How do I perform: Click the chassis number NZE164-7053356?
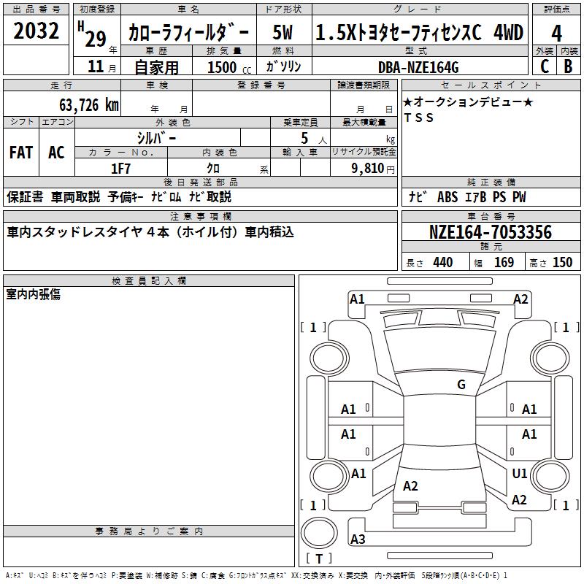490,232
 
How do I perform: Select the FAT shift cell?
21,153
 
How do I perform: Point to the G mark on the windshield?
461,384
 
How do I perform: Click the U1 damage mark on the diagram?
520,474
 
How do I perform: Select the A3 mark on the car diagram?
358,539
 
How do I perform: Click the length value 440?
442,263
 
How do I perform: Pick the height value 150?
562,263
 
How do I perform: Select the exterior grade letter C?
544,66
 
